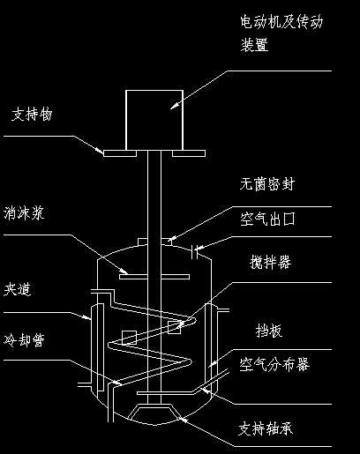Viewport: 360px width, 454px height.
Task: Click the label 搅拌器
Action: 272,264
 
